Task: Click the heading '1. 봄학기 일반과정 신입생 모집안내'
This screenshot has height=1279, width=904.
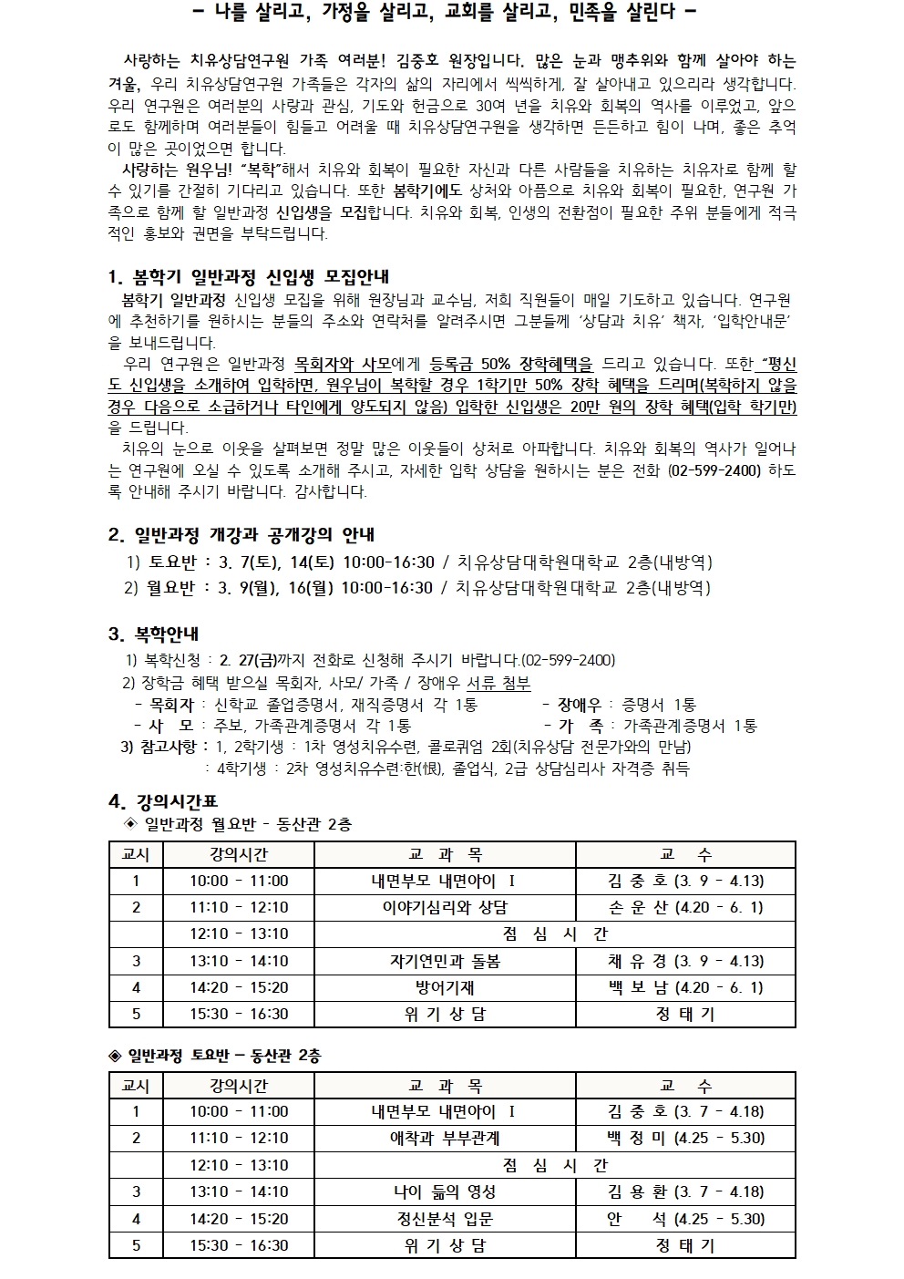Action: (248, 277)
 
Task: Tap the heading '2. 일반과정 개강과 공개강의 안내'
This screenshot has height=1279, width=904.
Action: (241, 534)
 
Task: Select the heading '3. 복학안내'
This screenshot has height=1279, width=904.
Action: (153, 634)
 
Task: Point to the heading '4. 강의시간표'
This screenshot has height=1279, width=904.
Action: (163, 801)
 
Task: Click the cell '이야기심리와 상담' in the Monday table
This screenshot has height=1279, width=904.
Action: (445, 907)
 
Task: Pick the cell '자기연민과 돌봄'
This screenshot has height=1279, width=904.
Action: (445, 961)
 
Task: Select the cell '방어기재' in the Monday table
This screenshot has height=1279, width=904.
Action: (445, 987)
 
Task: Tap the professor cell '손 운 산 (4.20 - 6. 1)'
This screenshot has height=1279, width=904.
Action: (685, 907)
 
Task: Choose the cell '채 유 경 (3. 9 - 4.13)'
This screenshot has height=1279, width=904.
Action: (685, 961)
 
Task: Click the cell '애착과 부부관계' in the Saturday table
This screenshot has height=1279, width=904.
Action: (445, 1138)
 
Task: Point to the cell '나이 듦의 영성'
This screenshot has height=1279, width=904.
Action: (445, 1191)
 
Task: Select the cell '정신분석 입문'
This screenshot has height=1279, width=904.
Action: (445, 1219)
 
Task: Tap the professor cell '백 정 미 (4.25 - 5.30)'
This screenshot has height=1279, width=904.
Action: (685, 1138)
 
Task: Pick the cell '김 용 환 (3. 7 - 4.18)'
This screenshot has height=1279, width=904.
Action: (685, 1191)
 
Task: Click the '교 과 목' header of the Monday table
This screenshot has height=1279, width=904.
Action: (445, 854)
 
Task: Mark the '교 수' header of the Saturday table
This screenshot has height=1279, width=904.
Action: (685, 1086)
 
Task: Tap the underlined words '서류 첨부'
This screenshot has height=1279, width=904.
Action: (498, 683)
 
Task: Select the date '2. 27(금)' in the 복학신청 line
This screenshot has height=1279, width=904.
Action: (250, 659)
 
